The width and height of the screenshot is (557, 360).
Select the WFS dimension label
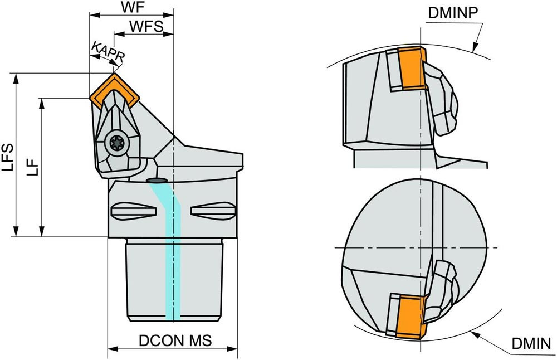click(145, 26)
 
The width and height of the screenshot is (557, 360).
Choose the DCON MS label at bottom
click(175, 341)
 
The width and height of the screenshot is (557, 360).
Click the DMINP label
click(453, 13)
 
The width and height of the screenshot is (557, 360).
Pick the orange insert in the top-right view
click(412, 69)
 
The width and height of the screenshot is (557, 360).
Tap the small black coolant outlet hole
click(157, 181)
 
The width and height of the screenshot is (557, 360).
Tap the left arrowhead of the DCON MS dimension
click(110, 349)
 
